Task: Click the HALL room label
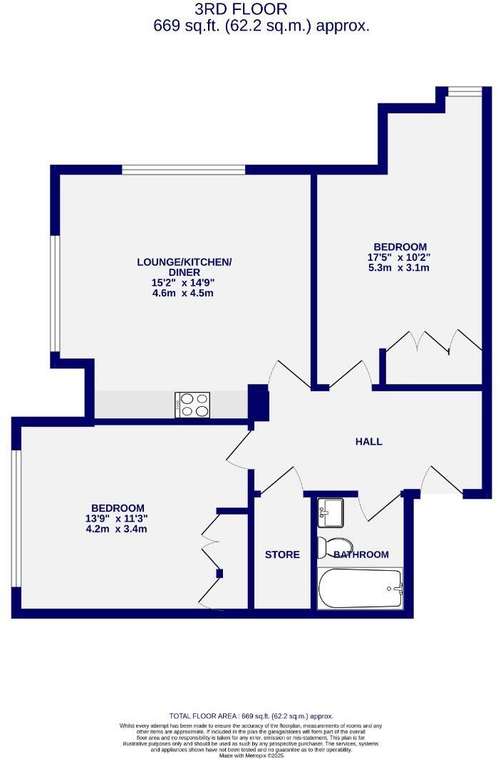368,442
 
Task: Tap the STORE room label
282,554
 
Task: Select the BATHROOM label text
361,554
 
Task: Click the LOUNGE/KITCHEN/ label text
185,262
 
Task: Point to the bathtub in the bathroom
360,588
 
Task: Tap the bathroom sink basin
331,510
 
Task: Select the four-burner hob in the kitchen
192,405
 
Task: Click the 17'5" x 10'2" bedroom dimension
399,257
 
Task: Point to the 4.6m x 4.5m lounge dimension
185,293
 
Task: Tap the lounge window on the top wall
184,170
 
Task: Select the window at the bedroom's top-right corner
465,91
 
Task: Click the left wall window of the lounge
54,294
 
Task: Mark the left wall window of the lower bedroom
16,519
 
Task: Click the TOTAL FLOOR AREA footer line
251,716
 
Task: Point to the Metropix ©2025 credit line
251,755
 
